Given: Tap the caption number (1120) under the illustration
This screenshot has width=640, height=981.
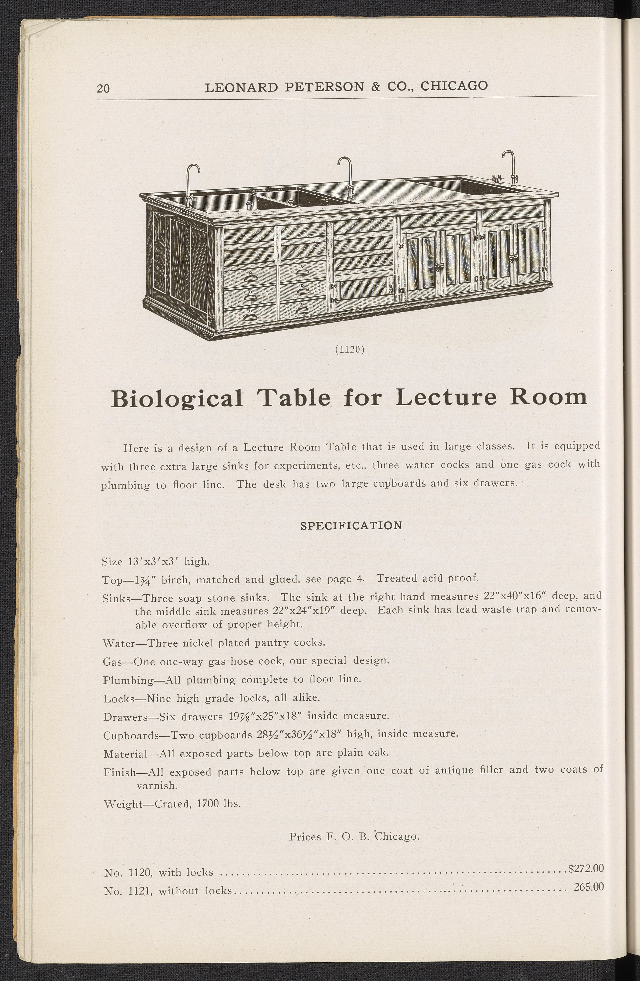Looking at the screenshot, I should pyautogui.click(x=350, y=349).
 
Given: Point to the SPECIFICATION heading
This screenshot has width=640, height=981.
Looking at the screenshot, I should pyautogui.click(x=351, y=526).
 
